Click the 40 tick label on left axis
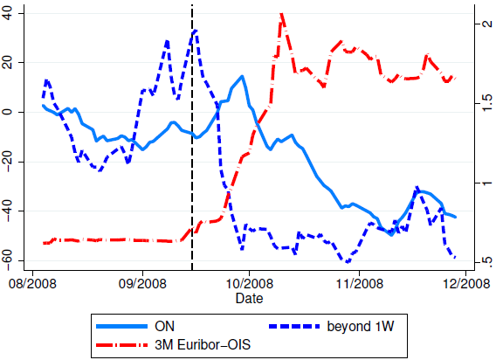point(7,14)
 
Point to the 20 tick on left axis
point(7,63)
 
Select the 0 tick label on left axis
point(7,112)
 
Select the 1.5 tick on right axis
point(487,103)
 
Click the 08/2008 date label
point(32,283)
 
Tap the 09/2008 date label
point(142,283)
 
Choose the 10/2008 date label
point(249,283)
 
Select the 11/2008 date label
point(360,283)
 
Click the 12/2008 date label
point(466,283)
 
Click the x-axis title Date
point(249,298)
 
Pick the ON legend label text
point(164,326)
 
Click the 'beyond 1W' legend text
point(361,327)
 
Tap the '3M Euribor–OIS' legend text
point(203,344)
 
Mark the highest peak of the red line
point(281,14)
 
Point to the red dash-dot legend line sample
point(121,344)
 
